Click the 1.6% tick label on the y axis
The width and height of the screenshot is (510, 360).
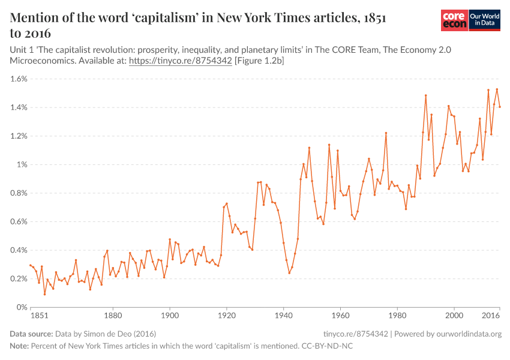click(x=19, y=79)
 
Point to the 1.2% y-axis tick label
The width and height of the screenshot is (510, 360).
click(x=19, y=136)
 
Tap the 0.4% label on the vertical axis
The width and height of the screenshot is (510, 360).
click(x=19, y=250)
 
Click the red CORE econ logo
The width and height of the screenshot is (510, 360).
click(x=454, y=20)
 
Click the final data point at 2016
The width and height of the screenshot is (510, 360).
click(x=500, y=107)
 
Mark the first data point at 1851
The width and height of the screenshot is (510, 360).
click(x=31, y=265)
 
